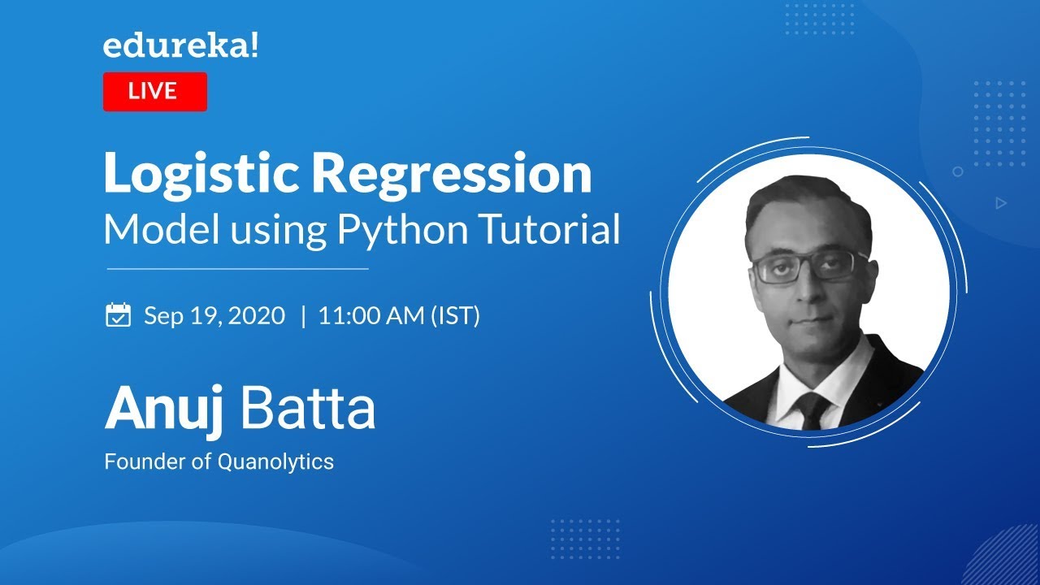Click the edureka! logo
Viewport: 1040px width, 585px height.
(180, 46)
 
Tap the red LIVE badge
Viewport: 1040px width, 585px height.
(154, 91)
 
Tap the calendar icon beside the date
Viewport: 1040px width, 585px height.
(119, 315)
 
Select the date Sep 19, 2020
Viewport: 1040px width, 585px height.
(214, 315)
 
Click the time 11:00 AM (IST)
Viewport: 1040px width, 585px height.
(399, 315)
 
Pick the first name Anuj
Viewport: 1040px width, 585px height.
(166, 409)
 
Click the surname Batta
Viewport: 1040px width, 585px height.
(308, 409)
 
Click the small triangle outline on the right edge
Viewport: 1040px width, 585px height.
(1001, 203)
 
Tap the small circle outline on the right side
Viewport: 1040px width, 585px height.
(958, 171)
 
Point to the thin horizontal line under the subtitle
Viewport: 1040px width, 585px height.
(237, 268)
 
